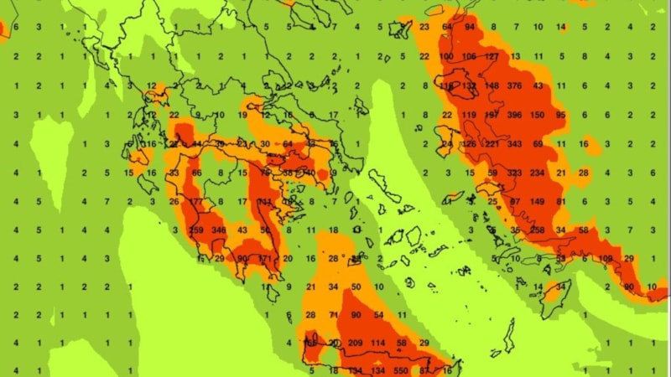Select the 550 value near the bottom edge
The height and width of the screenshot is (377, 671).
400,371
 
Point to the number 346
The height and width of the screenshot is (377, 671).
219,230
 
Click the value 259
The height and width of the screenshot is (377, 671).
197,230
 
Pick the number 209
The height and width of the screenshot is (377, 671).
355,343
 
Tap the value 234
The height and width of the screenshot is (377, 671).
538,173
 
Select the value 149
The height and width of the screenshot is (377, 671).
538,201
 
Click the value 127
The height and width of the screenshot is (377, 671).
492,57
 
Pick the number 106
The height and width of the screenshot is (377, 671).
470,57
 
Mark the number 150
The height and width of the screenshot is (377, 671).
538,115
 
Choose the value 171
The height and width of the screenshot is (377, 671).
265,258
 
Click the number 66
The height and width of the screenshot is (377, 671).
197,173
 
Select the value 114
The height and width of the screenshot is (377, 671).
377,343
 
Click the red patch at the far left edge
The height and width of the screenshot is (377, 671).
3,31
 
